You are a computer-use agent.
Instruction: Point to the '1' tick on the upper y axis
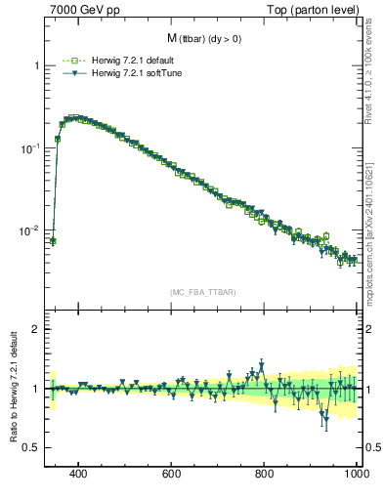(36, 65)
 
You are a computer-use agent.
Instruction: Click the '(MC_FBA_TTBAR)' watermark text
(202, 292)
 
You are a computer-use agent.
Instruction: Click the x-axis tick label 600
(172, 474)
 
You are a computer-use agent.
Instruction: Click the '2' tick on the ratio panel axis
(36, 330)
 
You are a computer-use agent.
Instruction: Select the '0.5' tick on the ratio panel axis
(31, 448)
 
